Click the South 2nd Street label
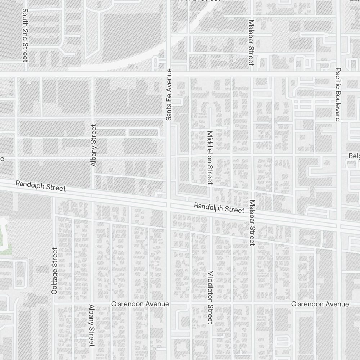(25, 35)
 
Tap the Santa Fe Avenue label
(169, 94)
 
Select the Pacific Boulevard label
(338, 94)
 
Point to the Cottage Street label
(54, 271)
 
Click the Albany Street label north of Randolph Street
(94, 145)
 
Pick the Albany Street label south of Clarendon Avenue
(91, 325)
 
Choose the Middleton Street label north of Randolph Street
(210, 157)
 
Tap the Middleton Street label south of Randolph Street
(211, 297)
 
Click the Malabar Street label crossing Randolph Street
(252, 222)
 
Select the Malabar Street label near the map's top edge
(251, 42)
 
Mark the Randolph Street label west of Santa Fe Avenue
(41, 186)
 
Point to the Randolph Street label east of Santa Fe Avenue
(219, 208)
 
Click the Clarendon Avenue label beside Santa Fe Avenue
(140, 304)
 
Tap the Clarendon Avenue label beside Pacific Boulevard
(320, 304)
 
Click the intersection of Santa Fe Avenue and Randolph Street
(168, 205)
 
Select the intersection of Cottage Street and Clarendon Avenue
(54, 304)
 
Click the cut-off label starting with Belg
(354, 156)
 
